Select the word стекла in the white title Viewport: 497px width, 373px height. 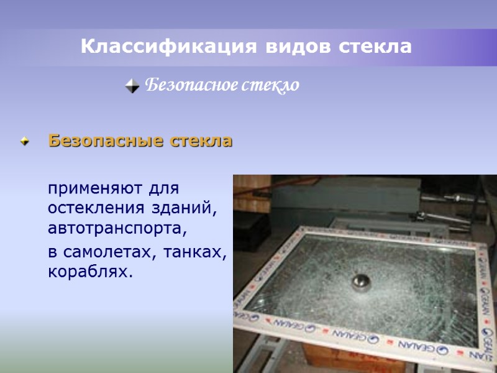[x=375, y=47]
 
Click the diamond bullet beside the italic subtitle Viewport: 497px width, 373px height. [x=132, y=86]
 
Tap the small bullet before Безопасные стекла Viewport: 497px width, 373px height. [x=25, y=142]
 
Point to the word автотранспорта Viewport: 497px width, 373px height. [x=117, y=228]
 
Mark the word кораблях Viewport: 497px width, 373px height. [x=91, y=272]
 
